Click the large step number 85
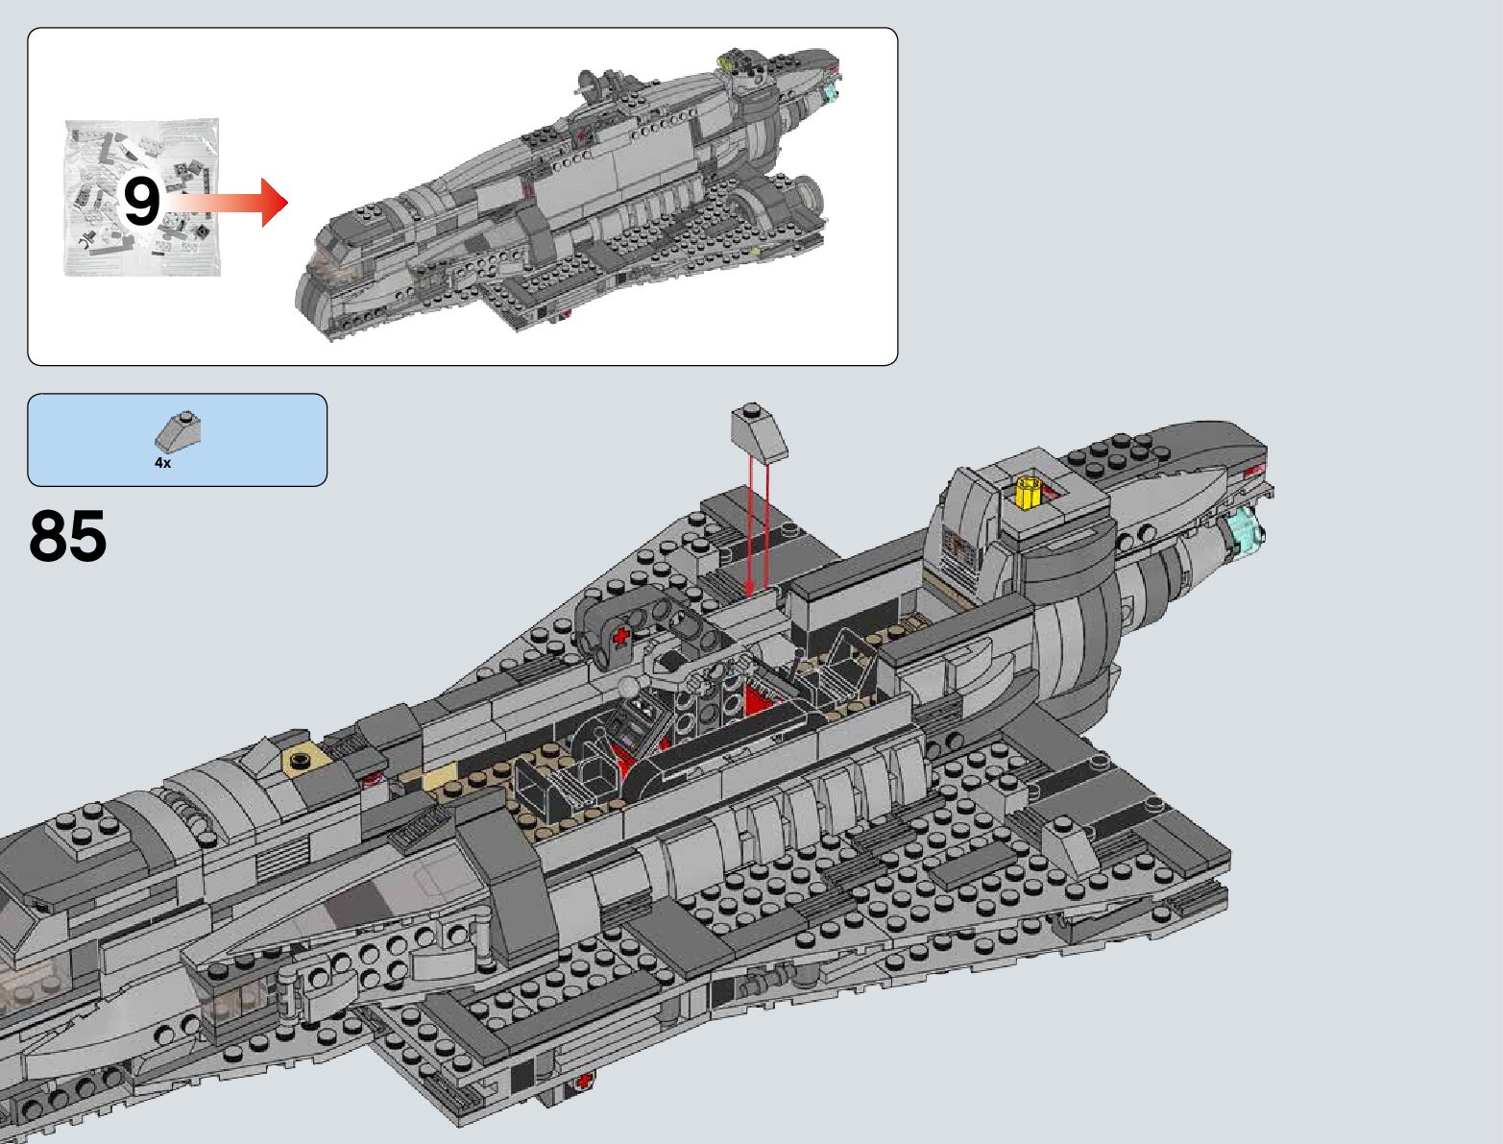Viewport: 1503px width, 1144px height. coord(68,535)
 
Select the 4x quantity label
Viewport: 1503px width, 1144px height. coord(163,463)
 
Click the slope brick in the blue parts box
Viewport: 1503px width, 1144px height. coord(178,430)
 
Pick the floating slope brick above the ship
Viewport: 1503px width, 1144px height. coord(760,430)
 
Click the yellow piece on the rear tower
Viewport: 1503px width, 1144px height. coord(1027,493)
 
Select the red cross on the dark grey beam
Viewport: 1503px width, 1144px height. coord(621,637)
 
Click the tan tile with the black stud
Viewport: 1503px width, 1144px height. coord(300,759)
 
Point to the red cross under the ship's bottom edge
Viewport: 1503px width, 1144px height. coord(584,1082)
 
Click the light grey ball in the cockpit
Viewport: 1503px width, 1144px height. coord(628,686)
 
